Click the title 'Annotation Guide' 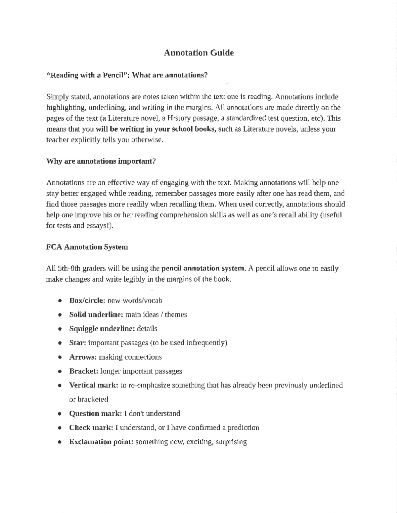coord(199,53)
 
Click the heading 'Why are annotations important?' coord(101,161)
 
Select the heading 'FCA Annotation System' coord(87,247)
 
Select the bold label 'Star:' coord(78,343)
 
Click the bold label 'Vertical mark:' coord(94,385)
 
